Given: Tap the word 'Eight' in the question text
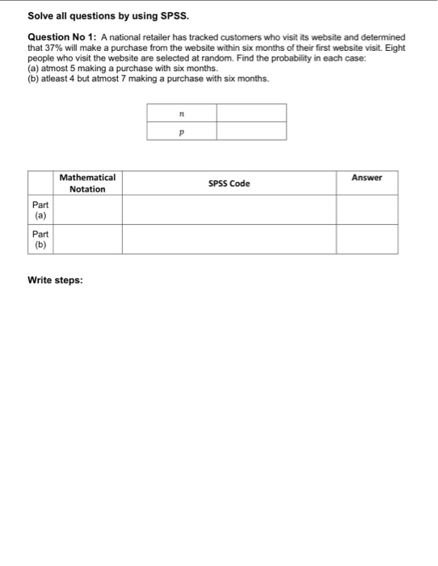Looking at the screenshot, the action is (x=393, y=49).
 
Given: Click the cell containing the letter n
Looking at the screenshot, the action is (x=181, y=113).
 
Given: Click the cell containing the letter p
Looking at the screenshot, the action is (x=181, y=131).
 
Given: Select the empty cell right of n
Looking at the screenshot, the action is (x=251, y=113).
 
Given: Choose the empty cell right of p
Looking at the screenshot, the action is (x=251, y=131).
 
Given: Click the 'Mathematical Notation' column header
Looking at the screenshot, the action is (x=87, y=183).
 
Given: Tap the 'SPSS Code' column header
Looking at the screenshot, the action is (x=229, y=184).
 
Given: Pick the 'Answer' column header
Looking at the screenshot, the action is (x=367, y=178).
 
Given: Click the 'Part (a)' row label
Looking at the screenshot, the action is (x=40, y=210).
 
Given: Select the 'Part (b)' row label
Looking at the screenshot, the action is (x=40, y=239).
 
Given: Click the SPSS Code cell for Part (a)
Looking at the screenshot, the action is (x=229, y=210).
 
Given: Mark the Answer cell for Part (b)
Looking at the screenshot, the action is (x=367, y=239).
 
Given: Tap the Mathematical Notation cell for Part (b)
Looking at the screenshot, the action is (x=87, y=239).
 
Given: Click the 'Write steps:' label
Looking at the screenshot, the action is (x=55, y=281).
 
